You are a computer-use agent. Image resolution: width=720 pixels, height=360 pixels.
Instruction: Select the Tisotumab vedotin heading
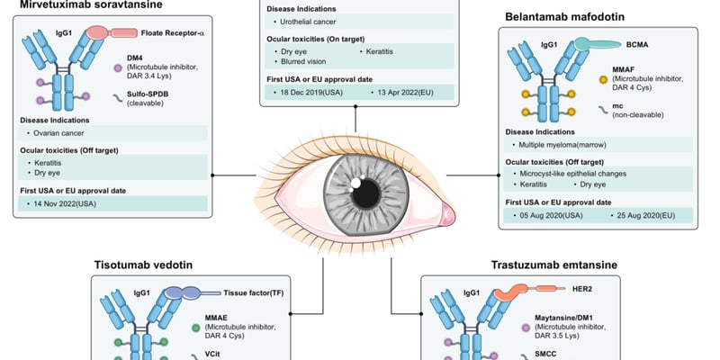[x=148, y=265]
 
